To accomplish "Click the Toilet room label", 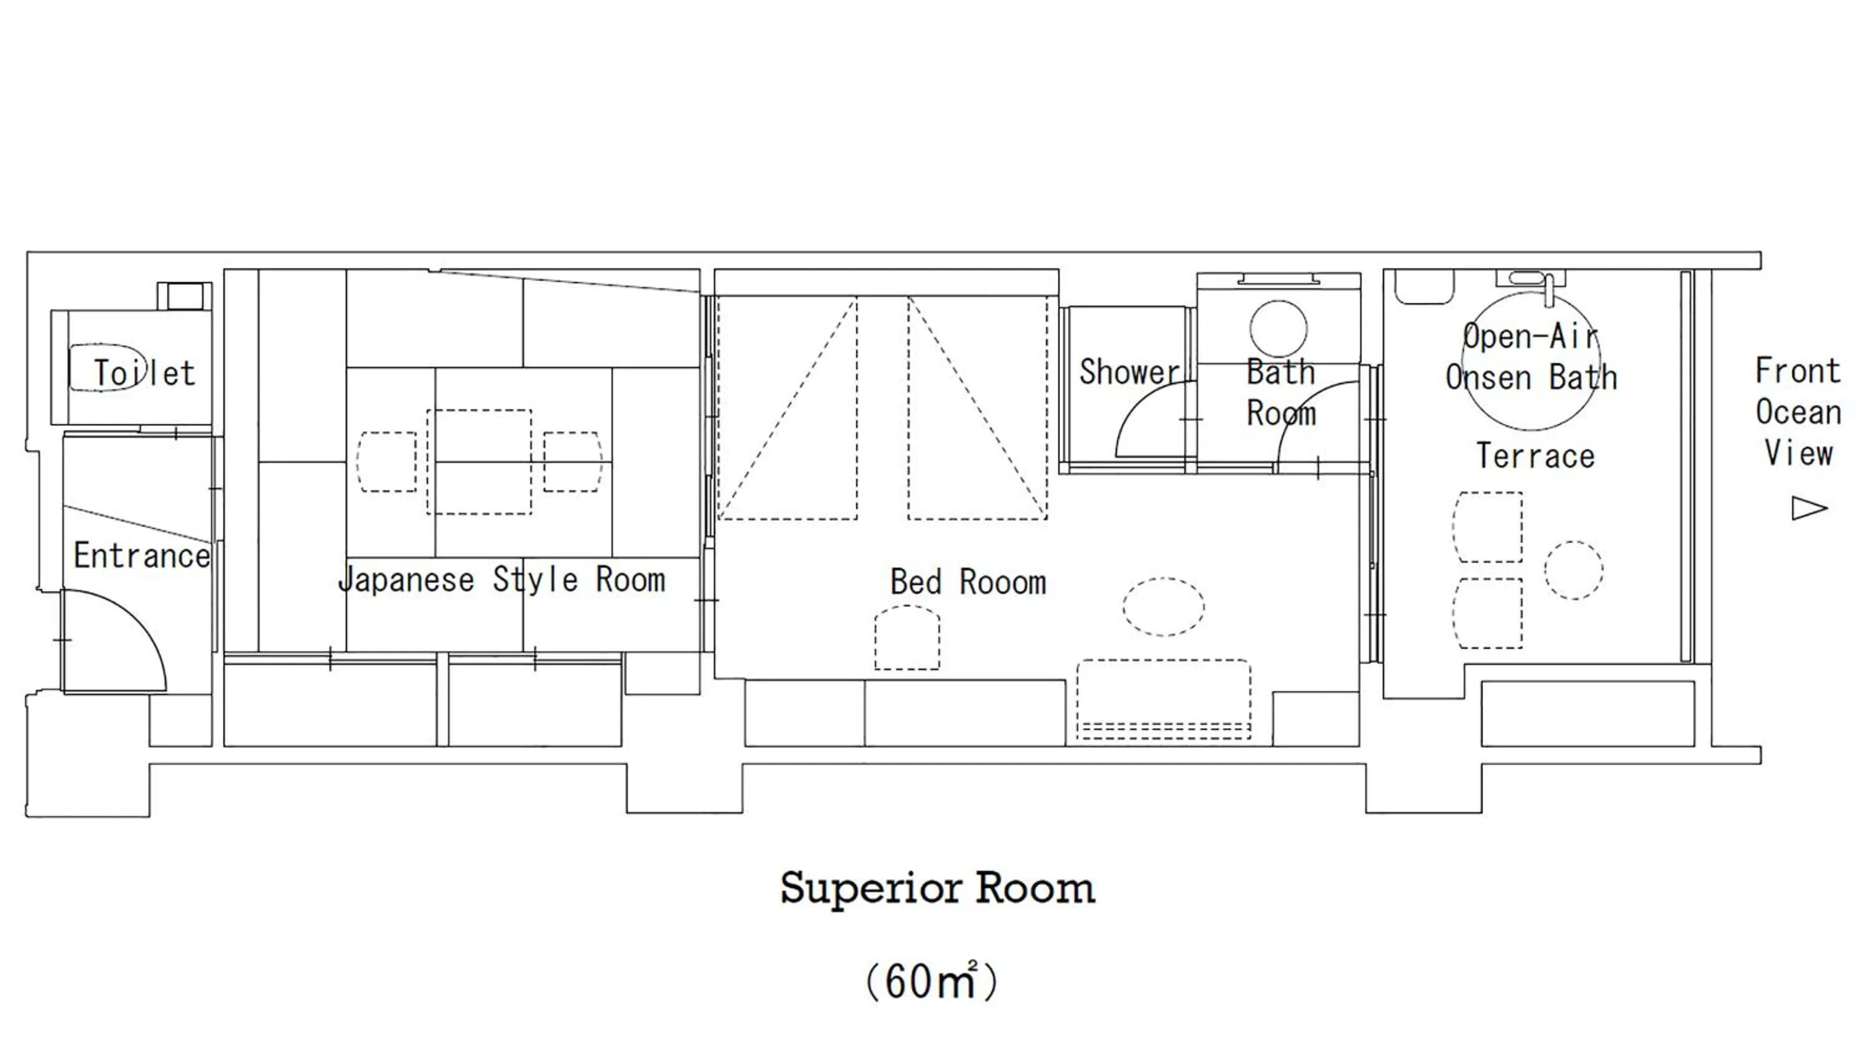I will tap(144, 373).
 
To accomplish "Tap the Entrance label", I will tap(142, 556).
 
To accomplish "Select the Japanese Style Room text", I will tap(502, 580).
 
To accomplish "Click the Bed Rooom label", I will tap(968, 582).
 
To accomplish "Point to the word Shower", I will tap(1129, 372).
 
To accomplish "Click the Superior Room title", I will tap(937, 888).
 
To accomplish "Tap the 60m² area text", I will tap(932, 982).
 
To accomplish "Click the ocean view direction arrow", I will tap(1808, 508).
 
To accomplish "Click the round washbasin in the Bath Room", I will tap(1279, 329).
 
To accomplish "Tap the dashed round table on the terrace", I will tap(1573, 570).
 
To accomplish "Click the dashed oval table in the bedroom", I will tap(1163, 607).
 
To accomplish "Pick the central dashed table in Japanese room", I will tap(479, 462).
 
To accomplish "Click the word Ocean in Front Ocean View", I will tap(1798, 413).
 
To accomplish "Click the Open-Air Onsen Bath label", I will tap(1531, 357).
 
